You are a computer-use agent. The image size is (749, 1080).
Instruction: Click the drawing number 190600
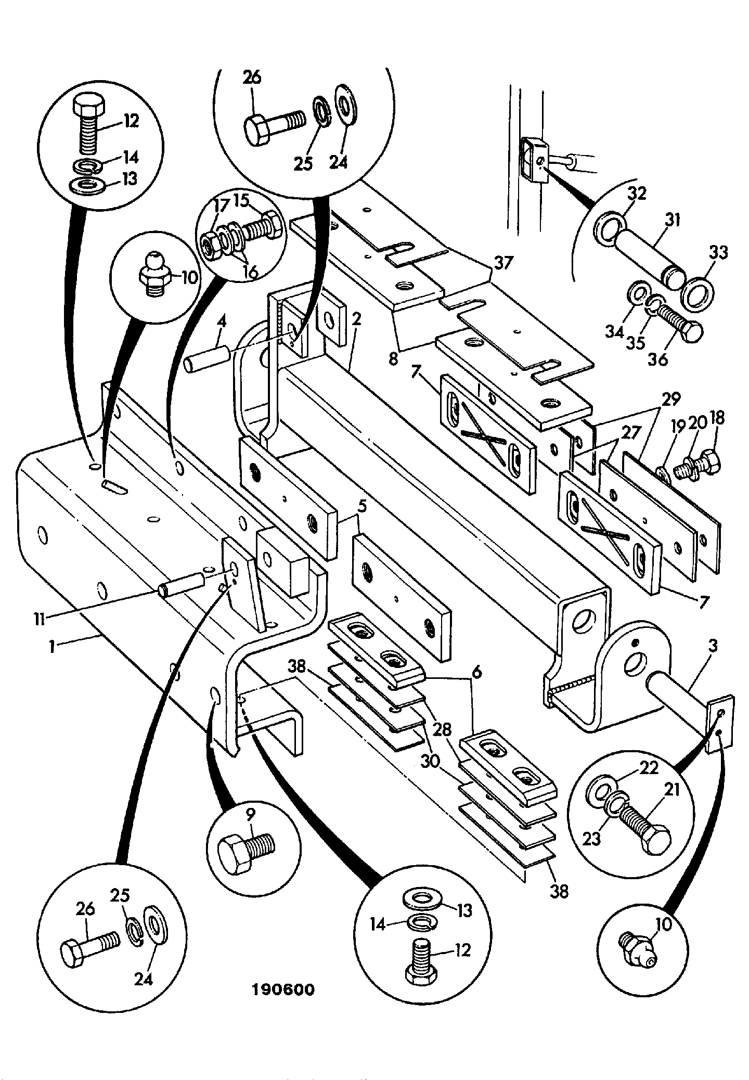(x=283, y=989)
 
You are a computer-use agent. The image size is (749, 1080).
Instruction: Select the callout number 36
(x=659, y=359)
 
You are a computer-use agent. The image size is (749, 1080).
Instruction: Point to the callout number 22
(x=649, y=768)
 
